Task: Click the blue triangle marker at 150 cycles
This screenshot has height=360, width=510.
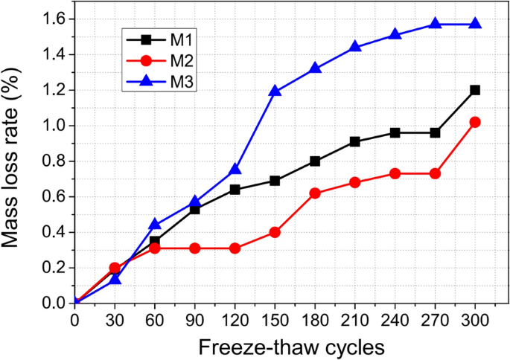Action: pos(275,91)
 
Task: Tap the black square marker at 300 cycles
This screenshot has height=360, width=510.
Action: pos(475,90)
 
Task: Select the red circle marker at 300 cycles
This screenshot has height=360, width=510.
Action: pos(475,122)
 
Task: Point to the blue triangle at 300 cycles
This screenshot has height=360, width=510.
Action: pos(475,24)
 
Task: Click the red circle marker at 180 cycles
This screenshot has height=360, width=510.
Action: pos(315,193)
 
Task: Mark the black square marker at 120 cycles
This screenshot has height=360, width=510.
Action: pos(235,190)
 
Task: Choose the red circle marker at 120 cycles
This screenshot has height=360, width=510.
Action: pos(235,248)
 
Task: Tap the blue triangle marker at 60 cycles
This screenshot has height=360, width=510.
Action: pos(155,224)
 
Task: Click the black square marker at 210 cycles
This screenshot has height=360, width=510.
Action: pos(355,141)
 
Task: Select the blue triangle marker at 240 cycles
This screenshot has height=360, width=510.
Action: pos(395,35)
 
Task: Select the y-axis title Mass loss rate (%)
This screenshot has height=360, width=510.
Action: pos(17,160)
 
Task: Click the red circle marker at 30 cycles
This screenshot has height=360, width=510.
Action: pos(115,268)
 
